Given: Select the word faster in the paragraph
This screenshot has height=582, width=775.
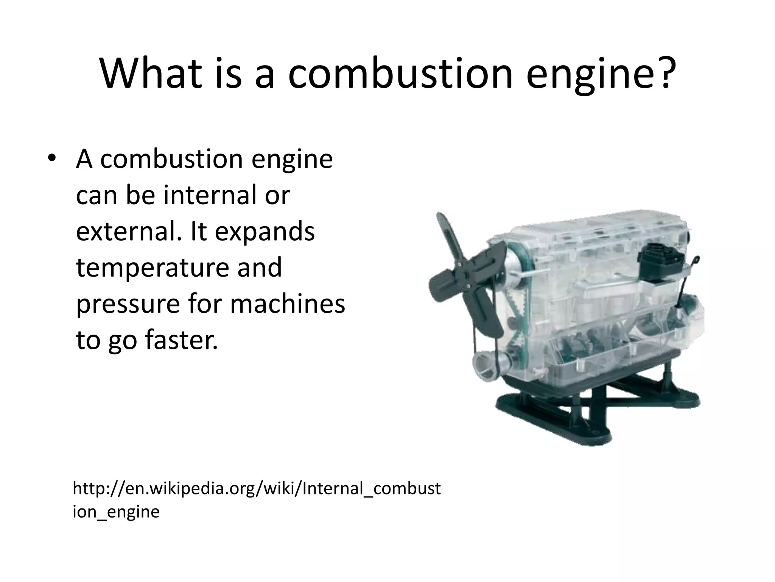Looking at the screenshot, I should [182, 340].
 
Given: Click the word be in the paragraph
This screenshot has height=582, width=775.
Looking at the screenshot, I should [138, 196].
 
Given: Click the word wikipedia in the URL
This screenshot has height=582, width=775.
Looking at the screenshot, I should [182, 489].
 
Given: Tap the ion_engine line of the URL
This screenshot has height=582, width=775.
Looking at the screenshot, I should [116, 512].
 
